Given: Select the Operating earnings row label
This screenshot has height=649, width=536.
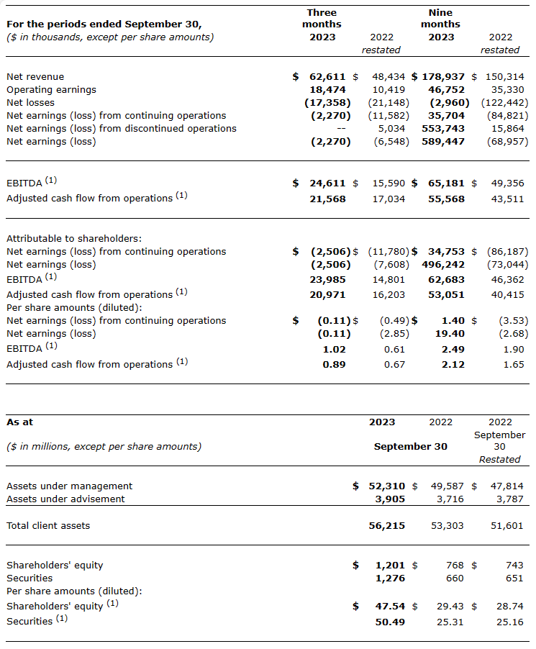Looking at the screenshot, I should click(51, 89).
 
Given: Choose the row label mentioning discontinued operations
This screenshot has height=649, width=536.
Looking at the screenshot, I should click(121, 128).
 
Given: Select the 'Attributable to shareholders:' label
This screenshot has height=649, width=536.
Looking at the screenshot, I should click(74, 238).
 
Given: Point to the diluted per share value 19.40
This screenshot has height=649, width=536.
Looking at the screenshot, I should click(450, 333).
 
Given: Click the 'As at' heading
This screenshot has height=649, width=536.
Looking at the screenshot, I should click(19, 422).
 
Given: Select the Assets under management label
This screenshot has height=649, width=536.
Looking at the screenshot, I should click(69, 486).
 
